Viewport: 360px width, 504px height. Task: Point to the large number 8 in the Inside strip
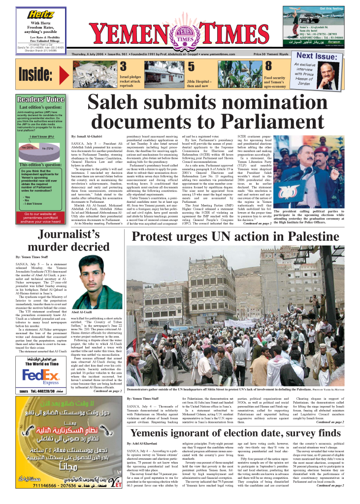268,66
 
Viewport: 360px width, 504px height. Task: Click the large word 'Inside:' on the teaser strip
35,75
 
